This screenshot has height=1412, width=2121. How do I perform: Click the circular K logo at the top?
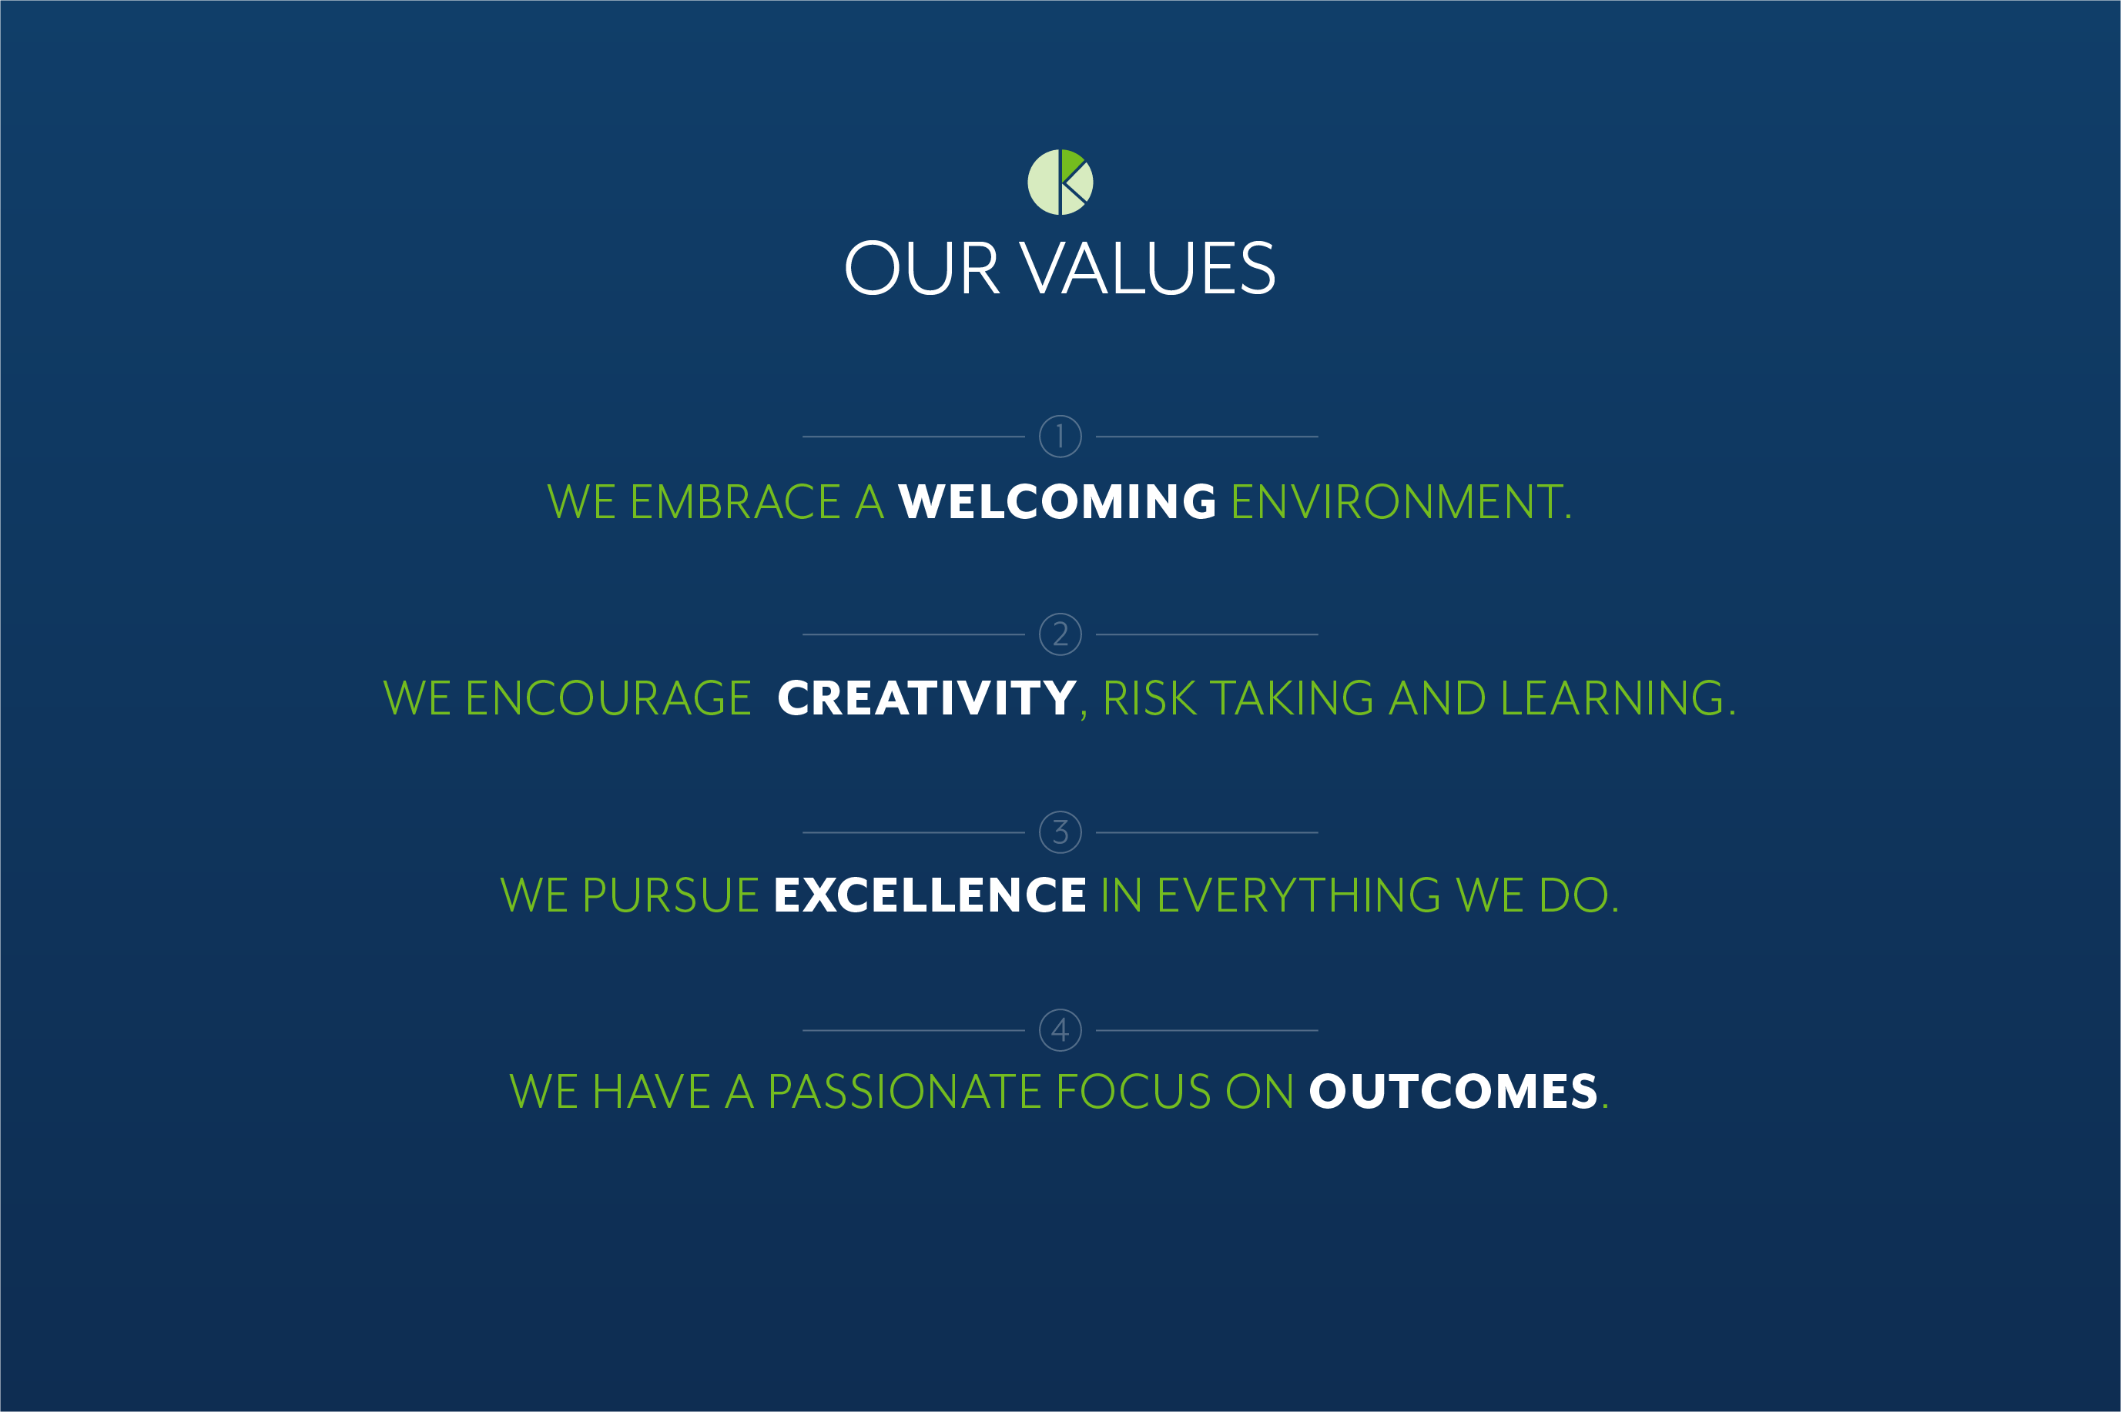point(1060,182)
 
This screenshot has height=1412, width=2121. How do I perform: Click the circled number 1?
point(1060,437)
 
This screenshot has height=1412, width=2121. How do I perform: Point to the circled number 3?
point(1060,832)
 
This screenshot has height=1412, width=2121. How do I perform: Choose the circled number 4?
point(1060,1030)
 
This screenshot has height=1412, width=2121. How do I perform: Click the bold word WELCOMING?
point(1057,501)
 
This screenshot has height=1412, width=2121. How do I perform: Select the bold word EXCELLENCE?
point(930,895)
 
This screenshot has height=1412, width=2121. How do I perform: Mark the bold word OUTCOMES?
point(1453,1092)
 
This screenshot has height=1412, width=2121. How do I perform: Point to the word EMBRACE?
point(735,501)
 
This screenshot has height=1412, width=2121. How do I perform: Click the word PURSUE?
point(671,895)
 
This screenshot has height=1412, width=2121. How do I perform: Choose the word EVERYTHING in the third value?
point(1298,895)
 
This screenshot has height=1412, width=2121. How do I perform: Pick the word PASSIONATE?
point(903,1092)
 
